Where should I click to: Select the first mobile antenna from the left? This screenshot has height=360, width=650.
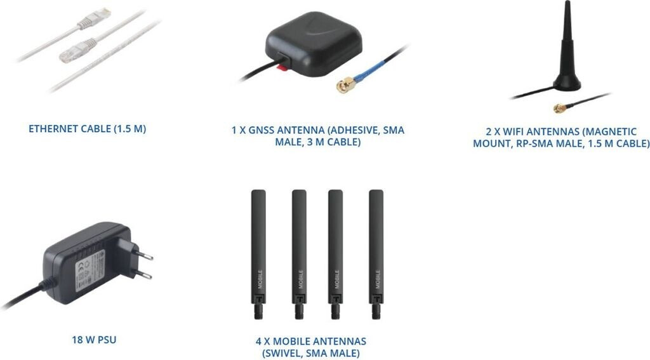(258, 254)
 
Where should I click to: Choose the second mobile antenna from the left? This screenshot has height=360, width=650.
(299, 254)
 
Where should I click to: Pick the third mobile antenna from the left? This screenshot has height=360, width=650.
(336, 254)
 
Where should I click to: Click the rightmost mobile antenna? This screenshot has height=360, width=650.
(376, 254)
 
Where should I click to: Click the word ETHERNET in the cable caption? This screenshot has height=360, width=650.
(52, 129)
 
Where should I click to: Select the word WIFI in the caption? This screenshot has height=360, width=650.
(515, 132)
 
